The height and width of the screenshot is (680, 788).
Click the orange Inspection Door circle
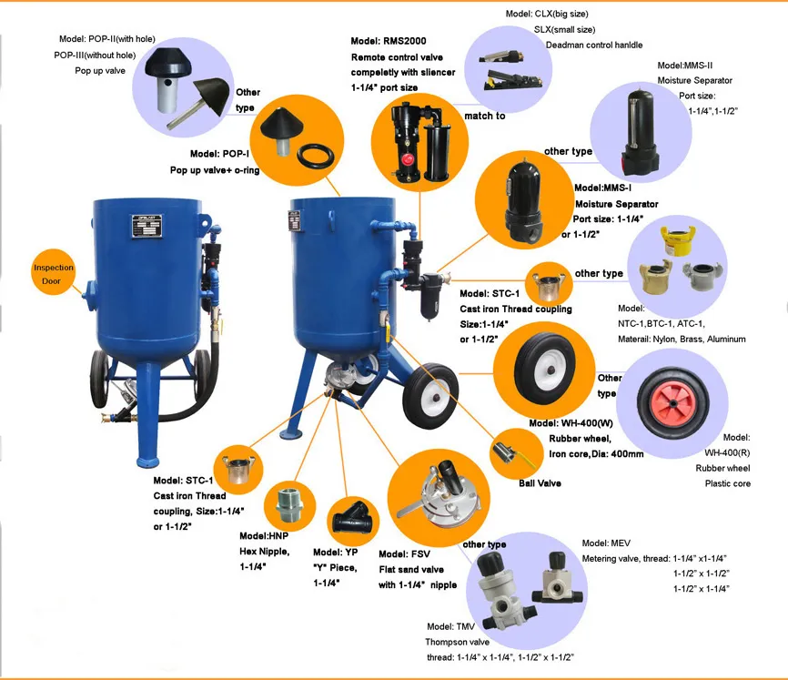point(53,273)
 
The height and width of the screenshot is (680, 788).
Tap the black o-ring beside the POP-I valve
point(316,156)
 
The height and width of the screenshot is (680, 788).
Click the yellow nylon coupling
point(678,240)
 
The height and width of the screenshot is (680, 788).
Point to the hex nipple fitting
point(290,503)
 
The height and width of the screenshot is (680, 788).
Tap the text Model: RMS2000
point(389,41)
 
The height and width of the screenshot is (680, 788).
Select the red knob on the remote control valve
point(406,161)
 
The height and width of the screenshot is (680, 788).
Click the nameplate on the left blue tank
point(147,226)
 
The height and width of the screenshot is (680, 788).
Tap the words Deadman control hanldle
point(594,45)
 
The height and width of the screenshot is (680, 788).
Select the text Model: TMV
point(450,626)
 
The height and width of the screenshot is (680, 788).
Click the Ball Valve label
point(540,483)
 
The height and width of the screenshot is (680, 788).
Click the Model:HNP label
point(264,536)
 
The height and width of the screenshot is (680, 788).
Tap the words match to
point(484,116)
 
